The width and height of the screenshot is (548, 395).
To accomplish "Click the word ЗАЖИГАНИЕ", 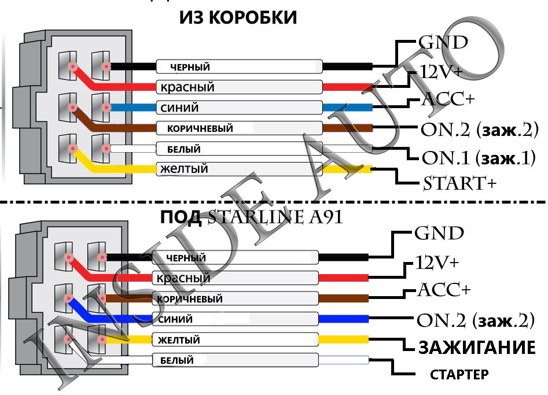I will click(x=475, y=348).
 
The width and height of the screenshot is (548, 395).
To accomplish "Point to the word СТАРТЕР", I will click(x=459, y=374).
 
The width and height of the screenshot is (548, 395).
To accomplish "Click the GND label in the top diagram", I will click(x=443, y=43).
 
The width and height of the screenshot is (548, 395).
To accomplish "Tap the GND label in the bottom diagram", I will click(x=439, y=234).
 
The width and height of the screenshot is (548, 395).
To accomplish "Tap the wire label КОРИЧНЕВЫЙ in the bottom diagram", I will click(x=189, y=299).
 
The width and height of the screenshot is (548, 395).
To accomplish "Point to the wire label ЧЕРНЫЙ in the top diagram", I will click(x=190, y=67).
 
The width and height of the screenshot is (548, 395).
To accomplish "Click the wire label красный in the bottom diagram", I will click(x=183, y=278).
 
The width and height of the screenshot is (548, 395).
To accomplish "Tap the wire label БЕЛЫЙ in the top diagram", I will click(x=183, y=149).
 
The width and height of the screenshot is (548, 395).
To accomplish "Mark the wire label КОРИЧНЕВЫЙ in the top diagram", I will click(x=200, y=128).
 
